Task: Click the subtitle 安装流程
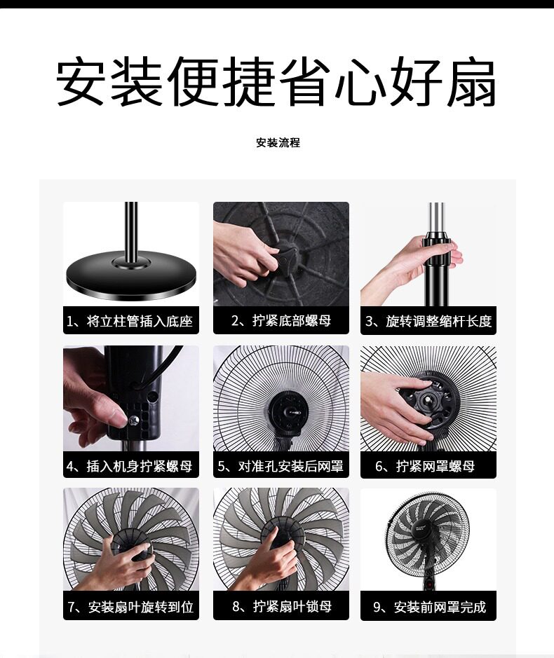coord(278,143)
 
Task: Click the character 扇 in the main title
coord(471,82)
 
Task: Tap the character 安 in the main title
coord(80,82)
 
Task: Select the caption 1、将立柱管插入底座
coord(130,322)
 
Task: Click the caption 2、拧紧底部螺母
coord(281,321)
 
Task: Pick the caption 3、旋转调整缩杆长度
coord(428,322)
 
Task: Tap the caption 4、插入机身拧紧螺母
coord(130,466)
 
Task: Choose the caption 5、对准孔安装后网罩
coord(281,466)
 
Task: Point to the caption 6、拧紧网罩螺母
coord(425,466)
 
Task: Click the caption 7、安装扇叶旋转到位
coord(130,607)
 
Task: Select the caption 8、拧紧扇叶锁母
coord(282,606)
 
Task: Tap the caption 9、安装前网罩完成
coord(429,607)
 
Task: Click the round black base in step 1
coord(131,275)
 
